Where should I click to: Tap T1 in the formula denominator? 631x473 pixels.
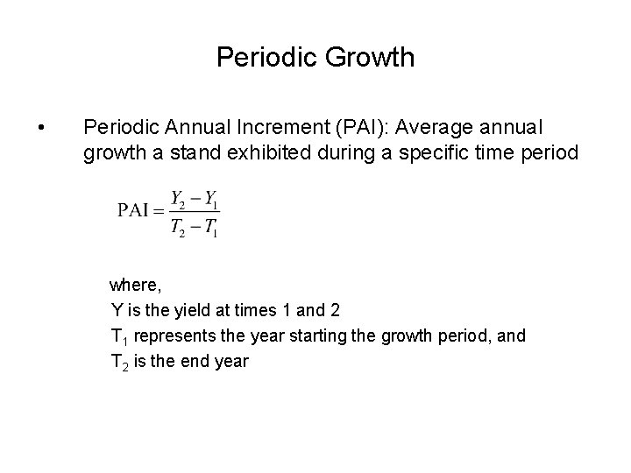coord(210,228)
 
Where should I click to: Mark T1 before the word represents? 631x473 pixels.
coord(119,335)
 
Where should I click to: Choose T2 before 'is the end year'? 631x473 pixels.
coord(119,361)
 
